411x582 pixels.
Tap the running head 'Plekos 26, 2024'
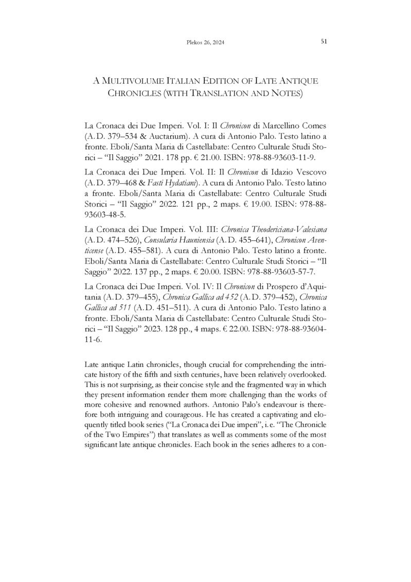point(206,42)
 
